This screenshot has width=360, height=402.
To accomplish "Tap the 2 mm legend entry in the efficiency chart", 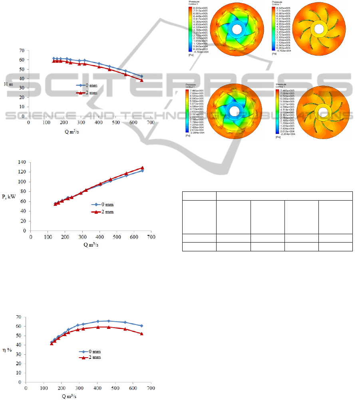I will coord(89,357).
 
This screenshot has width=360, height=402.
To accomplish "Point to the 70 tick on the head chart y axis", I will coord(22,51).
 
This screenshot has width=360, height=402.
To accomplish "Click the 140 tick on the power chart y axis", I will coord(22,162).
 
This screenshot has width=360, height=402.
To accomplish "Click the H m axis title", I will coord(9,84).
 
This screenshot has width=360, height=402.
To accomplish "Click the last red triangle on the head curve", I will coord(141,80).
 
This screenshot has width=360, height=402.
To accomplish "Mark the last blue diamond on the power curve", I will coord(142,171).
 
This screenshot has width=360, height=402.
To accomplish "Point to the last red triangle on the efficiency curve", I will coord(141,334).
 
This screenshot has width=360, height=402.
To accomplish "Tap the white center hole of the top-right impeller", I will coord(318,29).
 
